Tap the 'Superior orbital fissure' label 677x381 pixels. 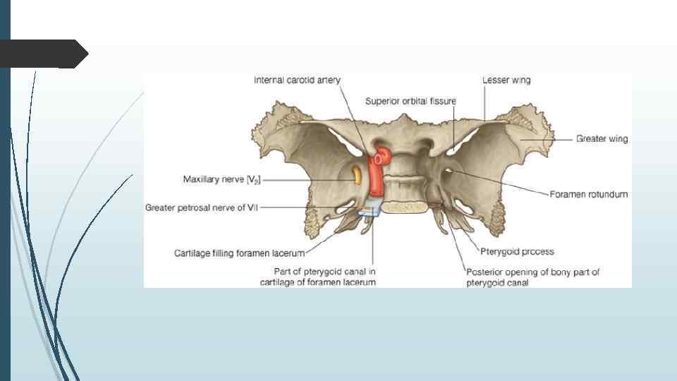pos(410,101)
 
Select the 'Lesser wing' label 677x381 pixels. pos(506,80)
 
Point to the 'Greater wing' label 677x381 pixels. pos(602,139)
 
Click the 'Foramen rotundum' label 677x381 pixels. pos(589,194)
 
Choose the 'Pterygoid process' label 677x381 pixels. pos(518,251)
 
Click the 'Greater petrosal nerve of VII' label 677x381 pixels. pos(202,208)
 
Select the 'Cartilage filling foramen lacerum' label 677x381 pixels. pos(239,253)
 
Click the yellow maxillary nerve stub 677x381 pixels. pos(358,174)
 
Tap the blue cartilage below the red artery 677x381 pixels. pos(371,209)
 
